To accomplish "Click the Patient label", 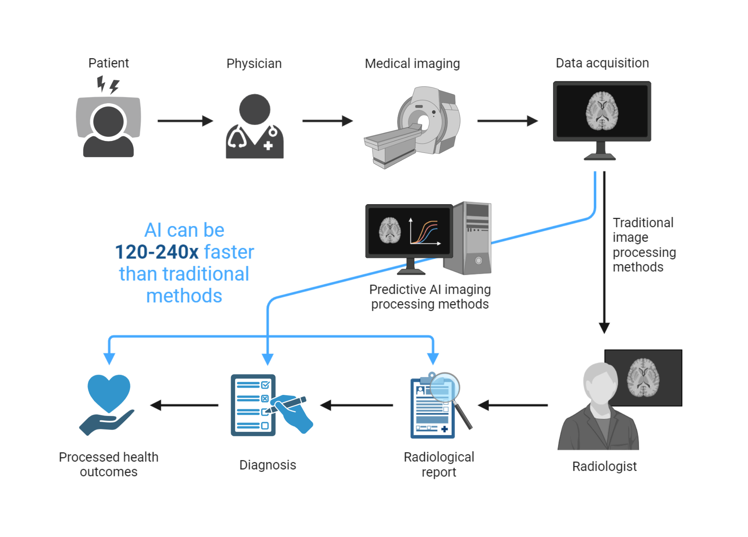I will (108, 63).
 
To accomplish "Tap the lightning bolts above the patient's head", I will (108, 85).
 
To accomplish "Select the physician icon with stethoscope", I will (254, 127).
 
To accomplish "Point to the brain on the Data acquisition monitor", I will (601, 111).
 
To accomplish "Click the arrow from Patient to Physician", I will (185, 121).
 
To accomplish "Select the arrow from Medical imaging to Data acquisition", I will (507, 121).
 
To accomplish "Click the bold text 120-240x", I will (156, 252).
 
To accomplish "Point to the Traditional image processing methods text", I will (644, 245).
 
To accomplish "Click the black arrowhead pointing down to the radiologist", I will (604, 328).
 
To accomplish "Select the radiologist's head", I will (600, 383).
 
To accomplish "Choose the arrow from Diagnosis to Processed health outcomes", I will (184, 405).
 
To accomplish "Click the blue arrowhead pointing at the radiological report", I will (433, 358).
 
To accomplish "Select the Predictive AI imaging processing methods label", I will (430, 297).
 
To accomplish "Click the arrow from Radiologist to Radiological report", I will (513, 405).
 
